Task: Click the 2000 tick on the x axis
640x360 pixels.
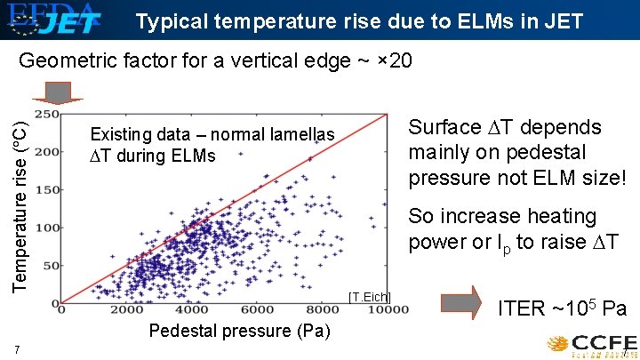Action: (x=127, y=310)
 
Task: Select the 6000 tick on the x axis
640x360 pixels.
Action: (x=258, y=310)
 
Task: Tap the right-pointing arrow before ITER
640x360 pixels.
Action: (x=462, y=303)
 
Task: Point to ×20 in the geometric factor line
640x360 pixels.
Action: (x=395, y=61)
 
